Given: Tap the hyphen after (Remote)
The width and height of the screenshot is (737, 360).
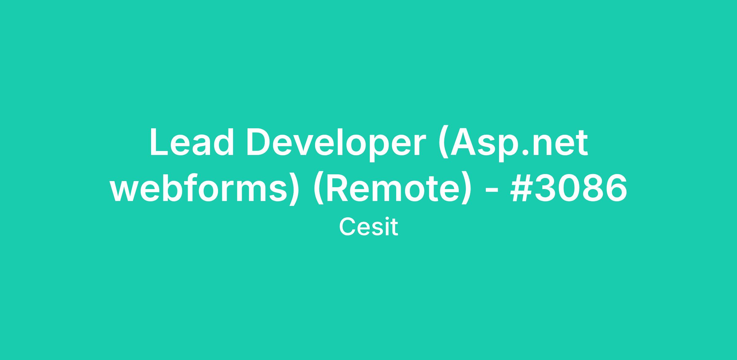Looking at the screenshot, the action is click(x=490, y=191).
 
